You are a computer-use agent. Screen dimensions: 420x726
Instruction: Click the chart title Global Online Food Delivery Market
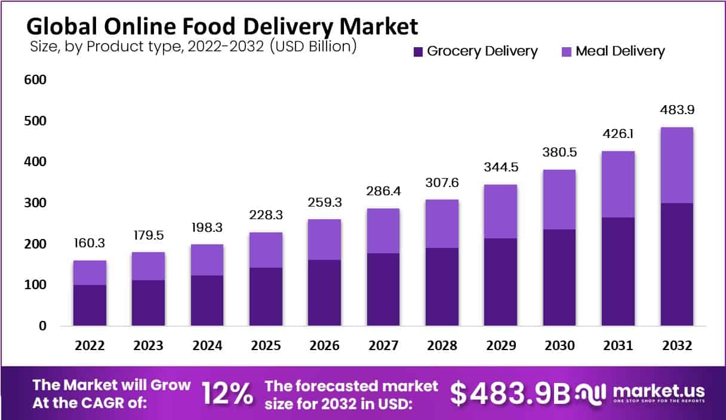[222, 26]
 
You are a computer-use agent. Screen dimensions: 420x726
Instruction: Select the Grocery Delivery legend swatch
[417, 51]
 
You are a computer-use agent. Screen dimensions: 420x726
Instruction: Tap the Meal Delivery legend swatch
[565, 51]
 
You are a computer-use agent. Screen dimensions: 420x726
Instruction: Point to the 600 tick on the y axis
[35, 80]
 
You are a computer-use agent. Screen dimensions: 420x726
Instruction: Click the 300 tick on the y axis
[35, 203]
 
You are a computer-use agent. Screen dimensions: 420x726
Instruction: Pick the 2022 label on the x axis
[90, 346]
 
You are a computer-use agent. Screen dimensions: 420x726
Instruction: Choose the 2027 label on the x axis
[383, 346]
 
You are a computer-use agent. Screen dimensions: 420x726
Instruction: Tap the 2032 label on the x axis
[676, 346]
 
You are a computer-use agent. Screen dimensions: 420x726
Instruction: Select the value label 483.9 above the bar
[676, 111]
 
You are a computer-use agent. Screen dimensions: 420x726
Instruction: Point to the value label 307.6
[442, 183]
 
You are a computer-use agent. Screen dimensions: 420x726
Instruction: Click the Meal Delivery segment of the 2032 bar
[676, 165]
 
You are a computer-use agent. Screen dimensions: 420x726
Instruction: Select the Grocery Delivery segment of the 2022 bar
[90, 305]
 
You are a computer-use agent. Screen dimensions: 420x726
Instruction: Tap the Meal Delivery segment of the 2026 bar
[324, 239]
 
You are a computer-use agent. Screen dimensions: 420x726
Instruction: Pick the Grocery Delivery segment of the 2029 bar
[500, 282]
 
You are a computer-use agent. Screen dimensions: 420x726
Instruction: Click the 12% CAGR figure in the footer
[227, 393]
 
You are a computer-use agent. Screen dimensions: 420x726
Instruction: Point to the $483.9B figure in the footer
[510, 393]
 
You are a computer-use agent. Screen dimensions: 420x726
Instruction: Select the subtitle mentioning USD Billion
[193, 47]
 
